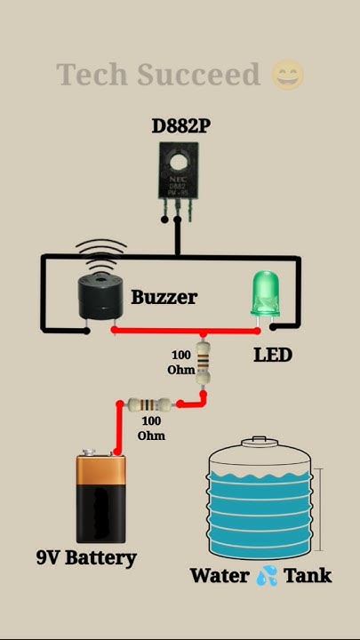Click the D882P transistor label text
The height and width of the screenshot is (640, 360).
point(180,126)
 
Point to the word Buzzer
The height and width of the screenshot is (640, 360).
point(164,297)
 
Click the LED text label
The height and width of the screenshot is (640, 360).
point(272,355)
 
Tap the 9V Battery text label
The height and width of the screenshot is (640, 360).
point(86,558)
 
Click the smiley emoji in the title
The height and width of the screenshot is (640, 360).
point(286,75)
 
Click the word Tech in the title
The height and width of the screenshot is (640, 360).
point(91,75)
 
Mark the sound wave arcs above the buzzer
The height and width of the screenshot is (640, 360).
point(100,250)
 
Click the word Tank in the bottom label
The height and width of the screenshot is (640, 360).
point(308,576)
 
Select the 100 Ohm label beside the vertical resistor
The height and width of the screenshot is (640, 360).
point(181,363)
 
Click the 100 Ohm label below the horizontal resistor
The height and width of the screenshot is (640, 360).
point(151,428)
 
